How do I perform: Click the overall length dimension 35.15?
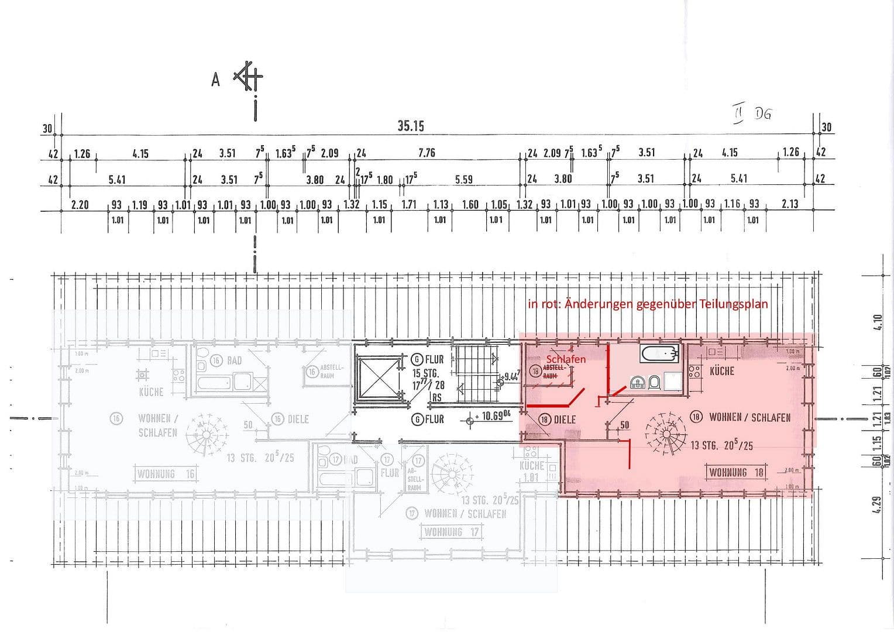point(411,126)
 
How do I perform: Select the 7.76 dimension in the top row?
point(427,153)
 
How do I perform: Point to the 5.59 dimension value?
point(463,180)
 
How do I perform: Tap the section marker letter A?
point(215,80)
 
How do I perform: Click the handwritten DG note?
point(762,114)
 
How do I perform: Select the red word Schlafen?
point(565,359)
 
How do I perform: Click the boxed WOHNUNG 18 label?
point(736,472)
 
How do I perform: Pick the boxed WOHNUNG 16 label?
point(166,474)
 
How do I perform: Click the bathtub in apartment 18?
point(659,353)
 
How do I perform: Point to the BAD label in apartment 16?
point(234,360)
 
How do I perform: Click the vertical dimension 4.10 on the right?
point(876,322)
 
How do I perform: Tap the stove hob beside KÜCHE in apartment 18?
point(694,371)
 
